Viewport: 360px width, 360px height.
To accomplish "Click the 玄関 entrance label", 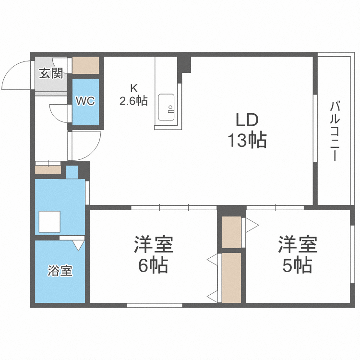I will tap(51, 73).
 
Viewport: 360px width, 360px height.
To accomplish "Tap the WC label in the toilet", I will tap(85, 101).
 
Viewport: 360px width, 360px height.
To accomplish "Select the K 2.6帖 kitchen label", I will tap(133, 95).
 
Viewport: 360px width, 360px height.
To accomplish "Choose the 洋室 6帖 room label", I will tap(153, 254).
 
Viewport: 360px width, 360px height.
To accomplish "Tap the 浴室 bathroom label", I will tap(60, 271).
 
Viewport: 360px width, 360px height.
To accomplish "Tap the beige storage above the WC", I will tap(86, 65).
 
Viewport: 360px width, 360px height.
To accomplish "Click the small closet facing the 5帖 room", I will tap(232, 232).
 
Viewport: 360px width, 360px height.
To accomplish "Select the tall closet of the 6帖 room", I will tap(232, 277).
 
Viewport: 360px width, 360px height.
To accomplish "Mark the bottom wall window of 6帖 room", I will tap(155, 305).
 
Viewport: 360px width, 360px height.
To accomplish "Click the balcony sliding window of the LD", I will tap(315, 128).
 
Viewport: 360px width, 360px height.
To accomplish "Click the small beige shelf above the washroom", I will tap(48, 170).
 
